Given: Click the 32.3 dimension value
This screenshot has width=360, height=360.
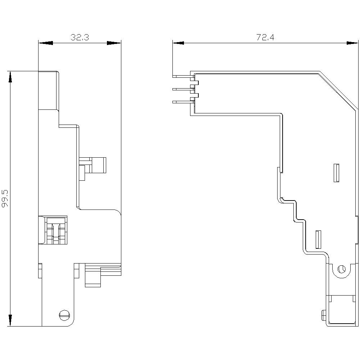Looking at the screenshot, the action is pyautogui.click(x=80, y=37).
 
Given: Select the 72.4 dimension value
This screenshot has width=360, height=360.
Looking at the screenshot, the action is pyautogui.click(x=265, y=37).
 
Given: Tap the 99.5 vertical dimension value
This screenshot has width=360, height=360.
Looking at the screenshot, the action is pyautogui.click(x=5, y=198).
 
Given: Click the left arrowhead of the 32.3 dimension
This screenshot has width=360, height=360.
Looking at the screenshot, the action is pyautogui.click(x=45, y=43).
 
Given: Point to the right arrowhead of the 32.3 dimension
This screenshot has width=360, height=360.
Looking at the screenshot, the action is pyautogui.click(x=114, y=43).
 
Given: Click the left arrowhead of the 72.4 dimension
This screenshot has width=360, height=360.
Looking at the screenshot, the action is pyautogui.click(x=179, y=43).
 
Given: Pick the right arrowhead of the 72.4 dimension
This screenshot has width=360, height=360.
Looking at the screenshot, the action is pyautogui.click(x=352, y=43).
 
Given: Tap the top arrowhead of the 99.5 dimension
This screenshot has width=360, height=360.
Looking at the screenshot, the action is pyautogui.click(x=10, y=77).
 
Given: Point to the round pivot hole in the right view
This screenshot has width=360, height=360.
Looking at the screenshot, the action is pyautogui.click(x=341, y=269).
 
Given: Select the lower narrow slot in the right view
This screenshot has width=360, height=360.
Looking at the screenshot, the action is pyautogui.click(x=318, y=239).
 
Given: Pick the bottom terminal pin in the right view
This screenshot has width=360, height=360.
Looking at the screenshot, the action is pyautogui.click(x=181, y=102).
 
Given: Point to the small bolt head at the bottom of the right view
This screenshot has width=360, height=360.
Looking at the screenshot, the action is pyautogui.click(x=324, y=315).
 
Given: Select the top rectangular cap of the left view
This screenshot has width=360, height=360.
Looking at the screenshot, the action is pyautogui.click(x=49, y=90).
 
